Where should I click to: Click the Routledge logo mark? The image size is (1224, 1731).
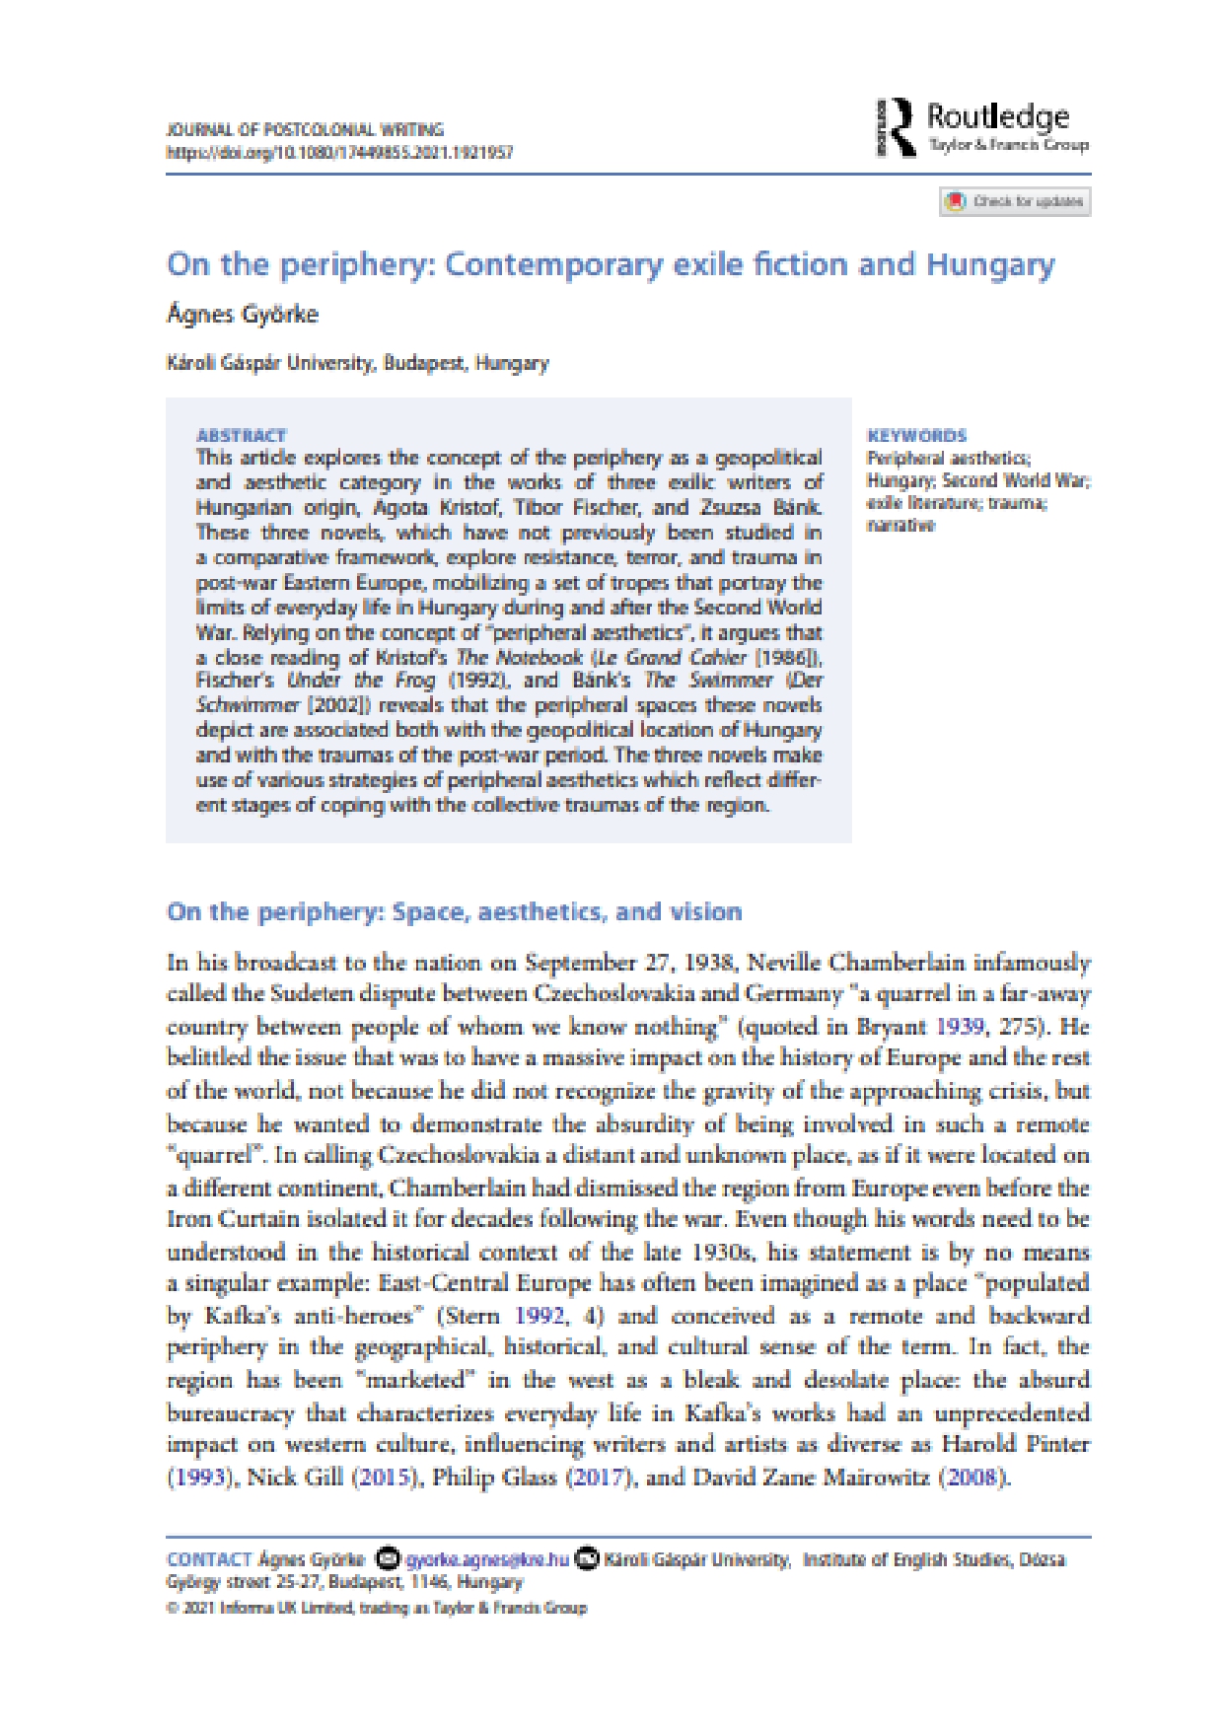896,127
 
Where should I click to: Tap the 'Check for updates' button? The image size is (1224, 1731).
1016,201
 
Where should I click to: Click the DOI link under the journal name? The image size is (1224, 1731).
339,152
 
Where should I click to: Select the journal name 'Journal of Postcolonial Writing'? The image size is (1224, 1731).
305,129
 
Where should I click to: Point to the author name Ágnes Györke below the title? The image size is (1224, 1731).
243,315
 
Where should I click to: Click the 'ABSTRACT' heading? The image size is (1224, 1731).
241,435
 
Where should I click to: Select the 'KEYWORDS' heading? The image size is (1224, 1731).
916,435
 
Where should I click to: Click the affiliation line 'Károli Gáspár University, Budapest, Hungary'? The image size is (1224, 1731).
358,363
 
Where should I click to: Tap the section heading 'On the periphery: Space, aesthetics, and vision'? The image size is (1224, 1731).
454,911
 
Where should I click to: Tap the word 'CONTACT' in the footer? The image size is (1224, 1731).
209,1559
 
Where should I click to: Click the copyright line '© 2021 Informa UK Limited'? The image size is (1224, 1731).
376,1608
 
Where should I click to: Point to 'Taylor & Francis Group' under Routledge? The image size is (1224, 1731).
1008,146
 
